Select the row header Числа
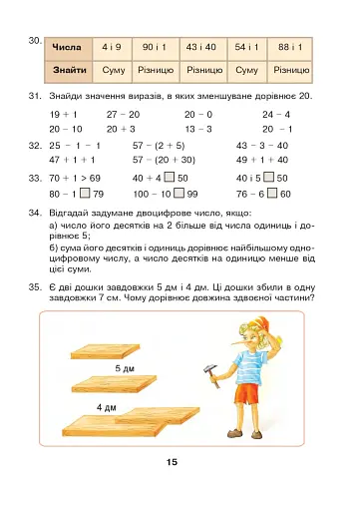point(67,47)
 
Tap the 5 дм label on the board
point(125,368)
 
